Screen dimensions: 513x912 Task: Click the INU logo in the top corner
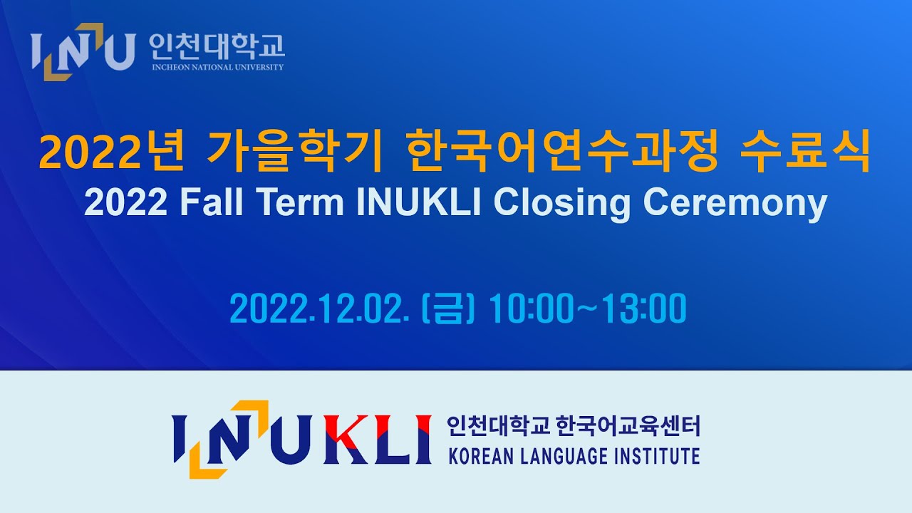click(82, 51)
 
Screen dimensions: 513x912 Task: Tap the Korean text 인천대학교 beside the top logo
click(217, 46)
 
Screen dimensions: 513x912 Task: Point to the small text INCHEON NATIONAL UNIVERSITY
click(217, 68)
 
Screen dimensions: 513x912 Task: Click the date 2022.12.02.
click(319, 309)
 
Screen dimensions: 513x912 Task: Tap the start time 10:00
click(531, 309)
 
